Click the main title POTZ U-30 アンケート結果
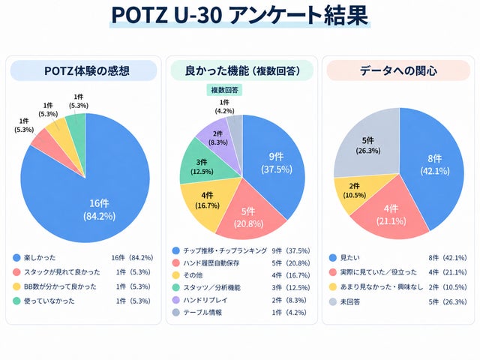(240, 15)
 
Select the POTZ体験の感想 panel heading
(87, 70)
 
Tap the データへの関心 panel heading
(398, 70)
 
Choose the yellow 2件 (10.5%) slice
(355, 191)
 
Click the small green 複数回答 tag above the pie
(224, 90)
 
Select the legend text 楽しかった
(40, 258)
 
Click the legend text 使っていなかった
(49, 301)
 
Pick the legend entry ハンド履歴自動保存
(211, 263)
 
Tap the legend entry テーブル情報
(202, 312)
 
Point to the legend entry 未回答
(350, 301)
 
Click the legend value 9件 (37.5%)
(291, 250)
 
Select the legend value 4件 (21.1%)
(448, 272)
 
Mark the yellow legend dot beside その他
(175, 275)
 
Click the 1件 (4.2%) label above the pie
(224, 106)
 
